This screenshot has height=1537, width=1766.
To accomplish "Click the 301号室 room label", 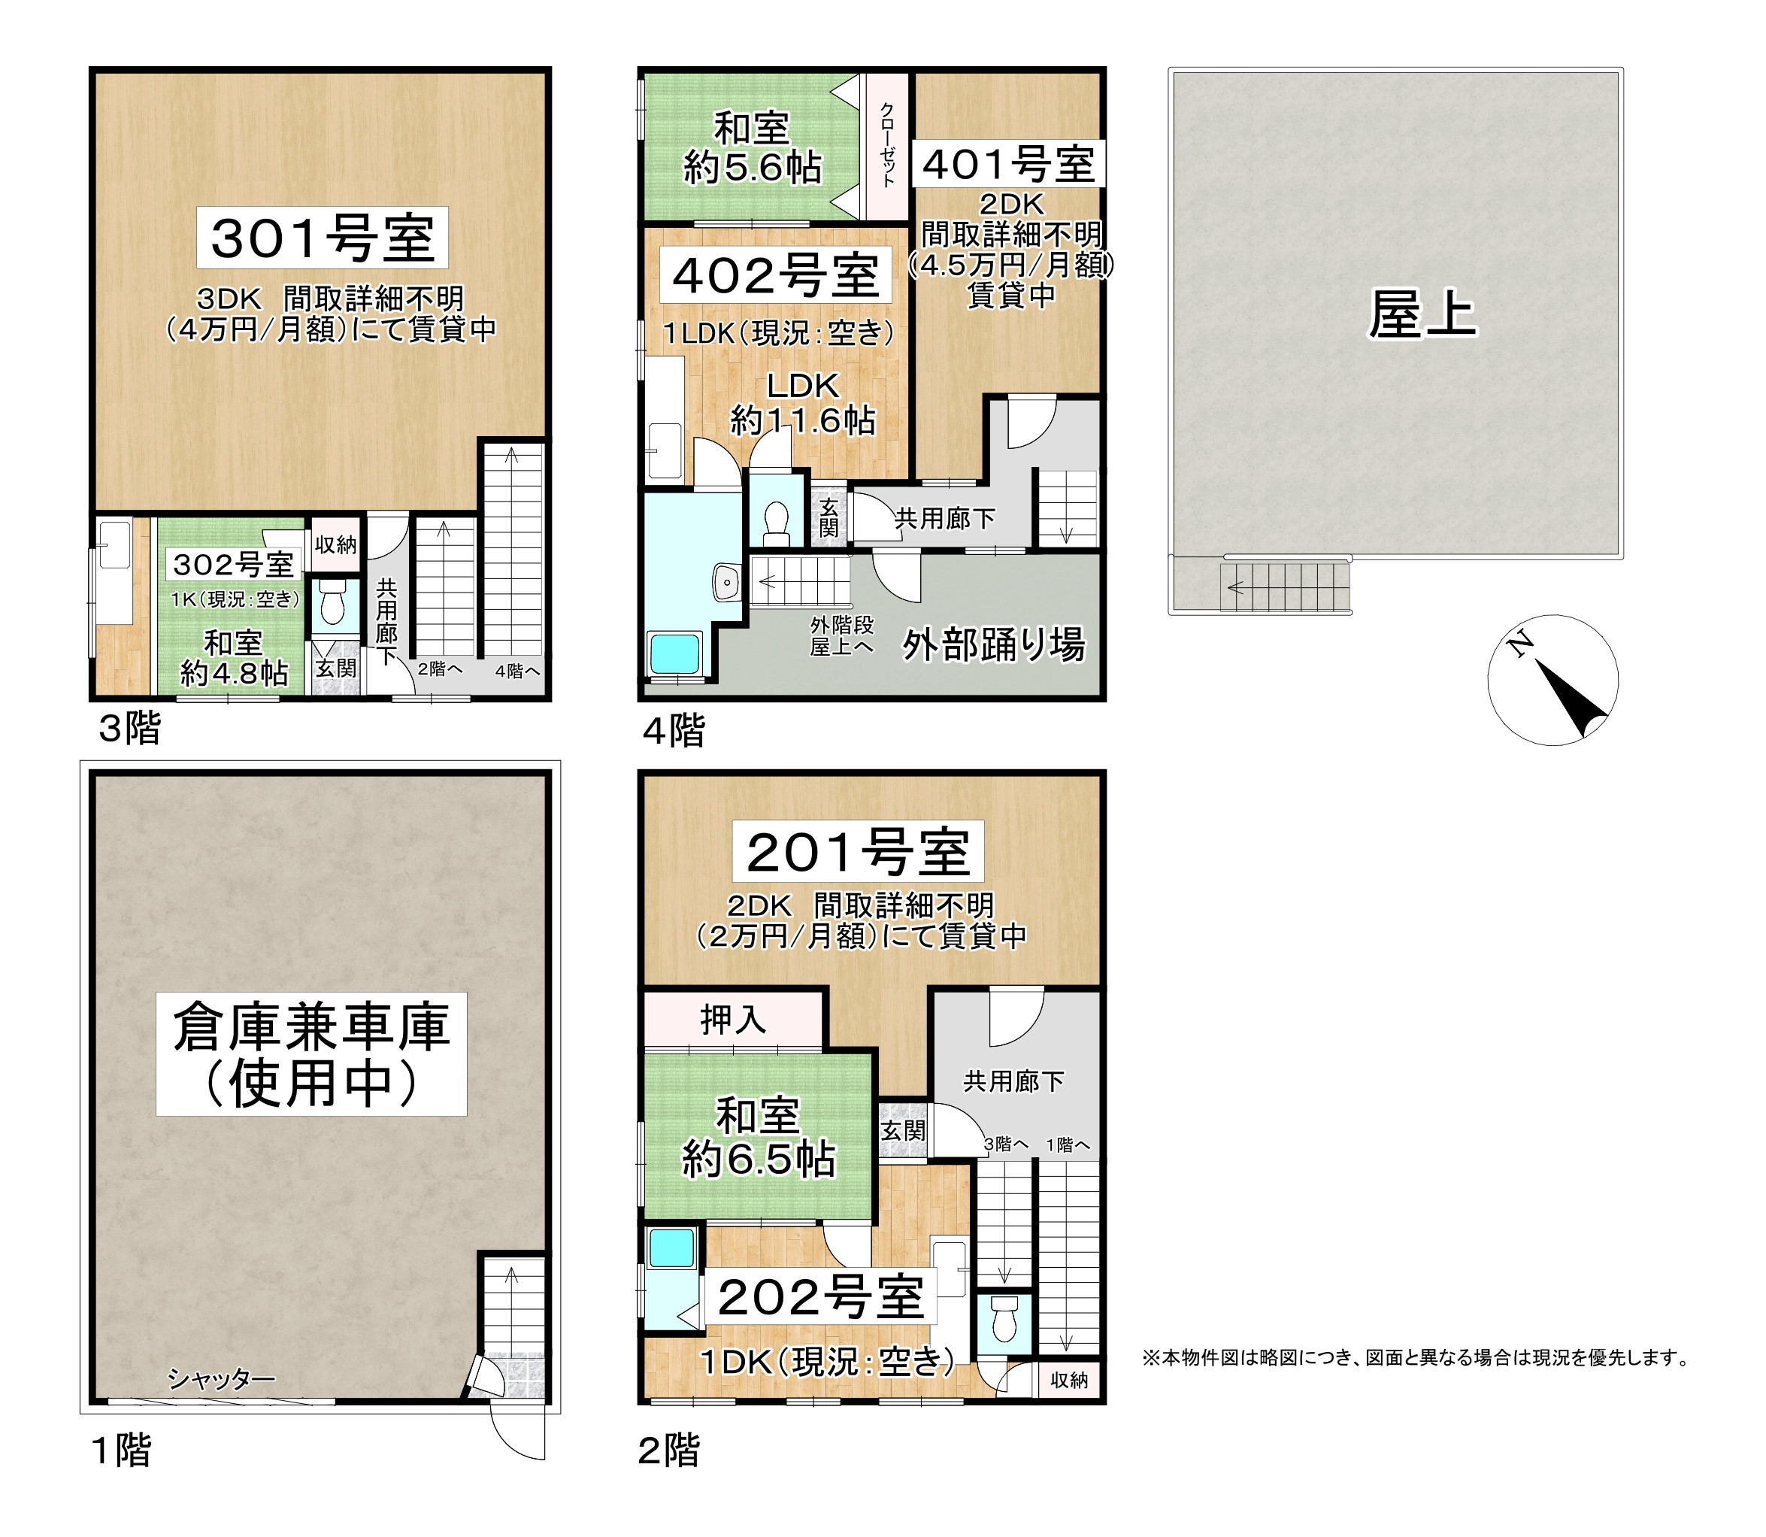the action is pos(323,238).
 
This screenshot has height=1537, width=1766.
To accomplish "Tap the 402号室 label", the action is pos(775,275).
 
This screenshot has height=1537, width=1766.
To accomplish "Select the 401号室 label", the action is pos(1009,164).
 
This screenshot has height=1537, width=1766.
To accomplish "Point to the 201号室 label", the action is pos(858,852).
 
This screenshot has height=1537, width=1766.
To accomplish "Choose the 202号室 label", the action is pos(821,1297).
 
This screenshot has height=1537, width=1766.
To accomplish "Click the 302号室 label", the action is pos(233,565).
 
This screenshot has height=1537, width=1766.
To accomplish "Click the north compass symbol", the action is pos(1552,679).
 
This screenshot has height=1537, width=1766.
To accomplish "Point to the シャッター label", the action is pos(221,1379).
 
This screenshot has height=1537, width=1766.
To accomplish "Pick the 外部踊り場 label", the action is pos(993,645).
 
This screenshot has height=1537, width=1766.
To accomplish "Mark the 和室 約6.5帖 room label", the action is pos(759,1137).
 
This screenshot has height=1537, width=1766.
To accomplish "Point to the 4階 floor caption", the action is pos(674,731).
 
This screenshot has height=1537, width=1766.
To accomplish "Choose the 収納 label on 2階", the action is pos(1068,1379).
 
